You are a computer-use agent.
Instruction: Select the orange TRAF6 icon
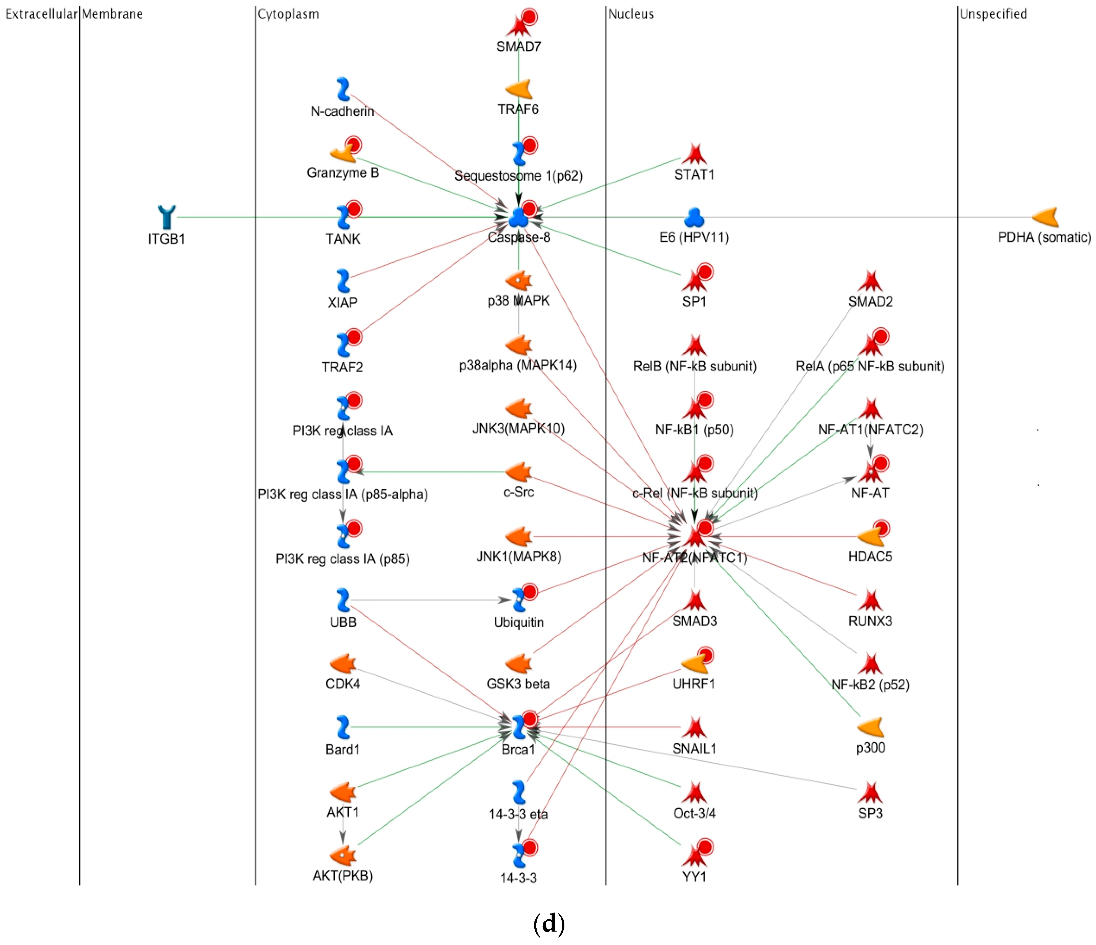pos(519,90)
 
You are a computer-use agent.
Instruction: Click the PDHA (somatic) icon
pos(1045,217)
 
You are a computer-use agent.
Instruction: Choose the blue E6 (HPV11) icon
pos(694,217)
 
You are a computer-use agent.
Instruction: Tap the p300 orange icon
pos(870,727)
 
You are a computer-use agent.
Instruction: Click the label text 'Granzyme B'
pos(343,173)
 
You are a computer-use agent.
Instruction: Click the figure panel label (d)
pos(549,923)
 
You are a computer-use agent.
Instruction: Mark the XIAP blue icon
pos(343,281)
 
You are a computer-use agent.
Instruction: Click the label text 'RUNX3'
pos(870,621)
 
